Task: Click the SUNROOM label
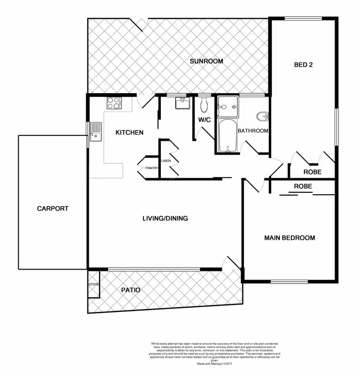pyautogui.click(x=206, y=61)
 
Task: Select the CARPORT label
pyautogui.click(x=53, y=209)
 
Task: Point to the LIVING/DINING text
pyautogui.click(x=165, y=218)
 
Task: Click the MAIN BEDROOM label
pyautogui.click(x=290, y=238)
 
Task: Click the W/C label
pyautogui.click(x=204, y=120)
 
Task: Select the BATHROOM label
pyautogui.click(x=253, y=130)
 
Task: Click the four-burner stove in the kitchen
pyautogui.click(x=114, y=102)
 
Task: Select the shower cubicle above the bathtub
pyautogui.click(x=227, y=107)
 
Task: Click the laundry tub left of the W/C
pyautogui.click(x=183, y=103)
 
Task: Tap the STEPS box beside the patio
pyautogui.click(x=93, y=284)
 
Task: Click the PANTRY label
pyautogui.click(x=152, y=168)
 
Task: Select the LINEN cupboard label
pyautogui.click(x=166, y=161)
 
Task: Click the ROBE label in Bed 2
pyautogui.click(x=312, y=172)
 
